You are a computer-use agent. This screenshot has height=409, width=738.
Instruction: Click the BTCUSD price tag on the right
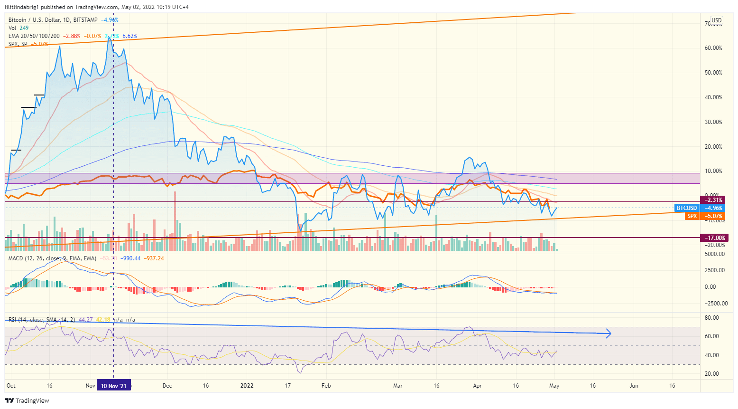click(x=687, y=208)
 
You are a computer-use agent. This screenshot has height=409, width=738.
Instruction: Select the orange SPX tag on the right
click(x=692, y=216)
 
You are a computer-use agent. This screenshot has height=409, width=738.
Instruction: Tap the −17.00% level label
click(x=714, y=238)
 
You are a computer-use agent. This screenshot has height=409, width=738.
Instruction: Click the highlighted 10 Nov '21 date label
click(x=114, y=386)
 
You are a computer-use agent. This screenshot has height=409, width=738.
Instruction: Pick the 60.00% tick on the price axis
click(x=713, y=48)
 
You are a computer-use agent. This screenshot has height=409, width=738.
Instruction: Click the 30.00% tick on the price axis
click(x=713, y=122)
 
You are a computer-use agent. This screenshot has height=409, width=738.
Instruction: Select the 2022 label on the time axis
click(x=247, y=386)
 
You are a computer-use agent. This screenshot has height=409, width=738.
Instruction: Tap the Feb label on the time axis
click(x=326, y=386)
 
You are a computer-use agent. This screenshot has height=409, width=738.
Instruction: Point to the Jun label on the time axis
click(x=634, y=386)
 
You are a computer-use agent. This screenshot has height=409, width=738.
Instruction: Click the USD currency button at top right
click(x=716, y=20)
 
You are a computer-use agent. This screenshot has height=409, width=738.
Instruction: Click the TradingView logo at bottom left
click(x=27, y=400)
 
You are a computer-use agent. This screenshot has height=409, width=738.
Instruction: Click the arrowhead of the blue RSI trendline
click(x=609, y=333)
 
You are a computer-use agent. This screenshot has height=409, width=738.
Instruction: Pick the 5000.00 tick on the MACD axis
click(x=714, y=254)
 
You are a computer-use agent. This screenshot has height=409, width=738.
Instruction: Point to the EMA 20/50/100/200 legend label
click(x=34, y=36)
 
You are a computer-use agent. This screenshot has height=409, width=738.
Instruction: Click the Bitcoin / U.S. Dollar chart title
click(x=53, y=20)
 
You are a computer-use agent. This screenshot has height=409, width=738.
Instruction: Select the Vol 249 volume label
click(x=18, y=28)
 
